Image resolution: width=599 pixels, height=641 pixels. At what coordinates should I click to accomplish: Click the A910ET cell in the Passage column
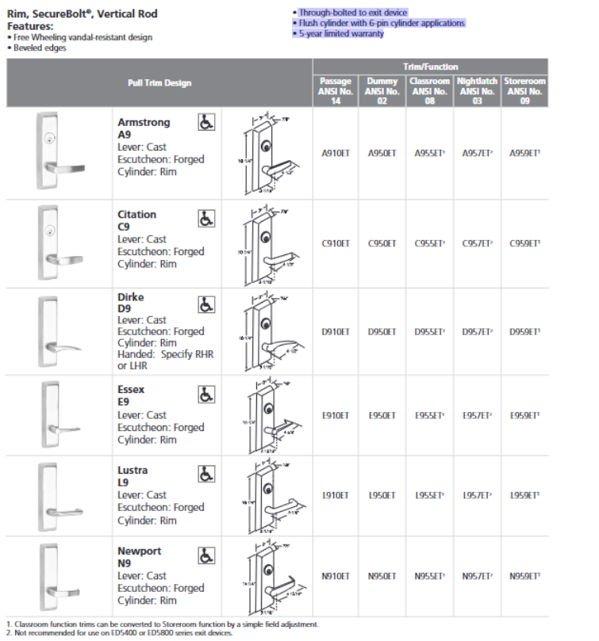coord(336,153)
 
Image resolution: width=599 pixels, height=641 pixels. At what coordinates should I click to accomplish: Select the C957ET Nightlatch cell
coord(478,243)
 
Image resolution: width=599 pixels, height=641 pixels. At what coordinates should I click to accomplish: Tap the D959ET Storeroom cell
coord(524,332)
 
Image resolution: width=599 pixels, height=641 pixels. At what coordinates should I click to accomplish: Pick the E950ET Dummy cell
coord(382,414)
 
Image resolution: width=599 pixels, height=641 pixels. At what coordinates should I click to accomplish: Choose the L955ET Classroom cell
coord(430,495)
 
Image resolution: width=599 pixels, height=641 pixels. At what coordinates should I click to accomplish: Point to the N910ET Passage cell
coord(336,576)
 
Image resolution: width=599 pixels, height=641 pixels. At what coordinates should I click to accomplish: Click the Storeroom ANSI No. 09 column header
coord(524,91)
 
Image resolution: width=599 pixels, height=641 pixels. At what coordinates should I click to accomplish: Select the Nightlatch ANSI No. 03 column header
coord(478,91)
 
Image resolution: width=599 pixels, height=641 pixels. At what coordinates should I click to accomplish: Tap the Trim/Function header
coord(430,67)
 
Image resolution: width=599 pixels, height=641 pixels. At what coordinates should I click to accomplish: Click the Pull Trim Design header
coord(159,82)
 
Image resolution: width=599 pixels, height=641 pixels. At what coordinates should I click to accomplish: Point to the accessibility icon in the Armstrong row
coord(205,123)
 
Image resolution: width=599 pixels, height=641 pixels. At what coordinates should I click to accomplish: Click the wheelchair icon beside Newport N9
coord(205,554)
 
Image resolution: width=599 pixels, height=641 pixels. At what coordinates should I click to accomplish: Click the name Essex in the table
coord(131,390)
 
